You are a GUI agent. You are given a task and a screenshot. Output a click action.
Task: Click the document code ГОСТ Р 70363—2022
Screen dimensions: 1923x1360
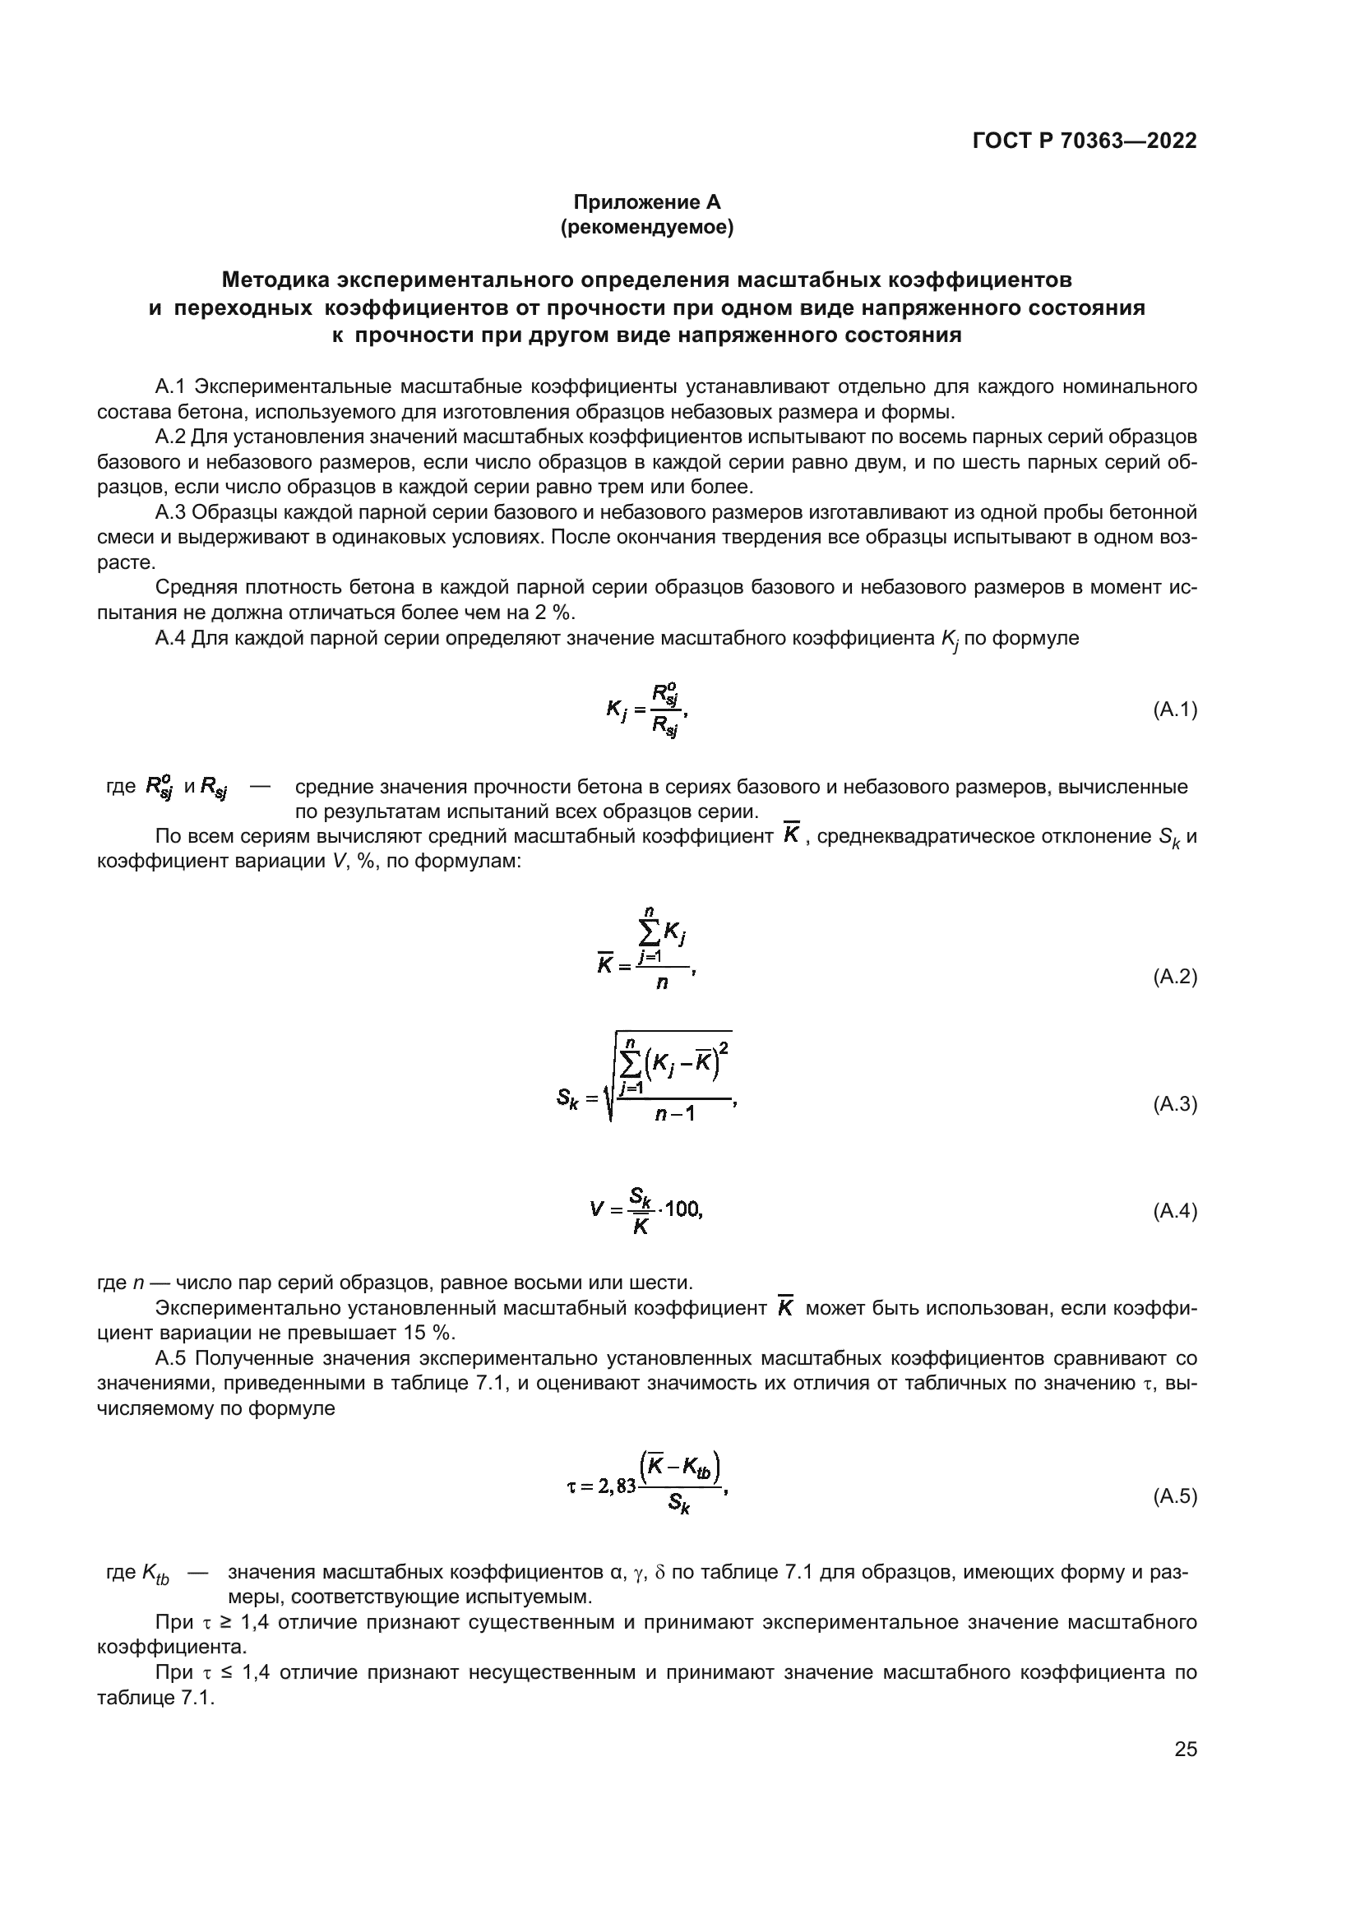[1085, 141]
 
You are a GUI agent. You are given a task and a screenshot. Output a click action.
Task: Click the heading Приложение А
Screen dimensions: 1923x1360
[646, 202]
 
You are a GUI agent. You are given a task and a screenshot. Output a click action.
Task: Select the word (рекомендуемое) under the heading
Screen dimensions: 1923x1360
[646, 227]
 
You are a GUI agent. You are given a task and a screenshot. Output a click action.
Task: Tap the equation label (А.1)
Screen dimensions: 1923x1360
[1175, 710]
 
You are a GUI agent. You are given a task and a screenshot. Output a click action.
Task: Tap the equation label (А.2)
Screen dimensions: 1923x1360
[1175, 977]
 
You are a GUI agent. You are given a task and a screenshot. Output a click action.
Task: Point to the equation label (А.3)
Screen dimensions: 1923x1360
[1175, 1104]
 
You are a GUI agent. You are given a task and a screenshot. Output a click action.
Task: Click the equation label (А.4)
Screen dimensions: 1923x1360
[1175, 1211]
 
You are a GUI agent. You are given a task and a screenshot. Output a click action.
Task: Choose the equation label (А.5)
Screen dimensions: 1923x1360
[1175, 1496]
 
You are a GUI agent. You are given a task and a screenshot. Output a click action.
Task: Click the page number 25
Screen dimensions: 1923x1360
[1186, 1750]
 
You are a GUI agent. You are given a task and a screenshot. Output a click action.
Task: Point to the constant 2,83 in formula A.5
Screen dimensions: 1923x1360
[618, 1490]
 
